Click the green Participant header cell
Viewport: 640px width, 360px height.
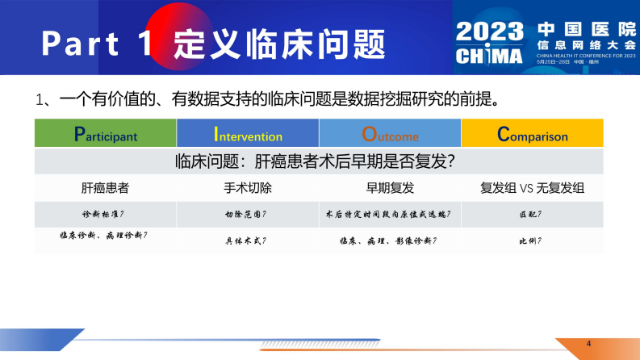(105, 134)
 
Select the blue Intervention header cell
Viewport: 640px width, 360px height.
(248, 134)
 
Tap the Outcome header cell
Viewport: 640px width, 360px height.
(390, 134)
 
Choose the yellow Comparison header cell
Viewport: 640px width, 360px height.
(532, 134)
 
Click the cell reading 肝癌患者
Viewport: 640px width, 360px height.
(105, 189)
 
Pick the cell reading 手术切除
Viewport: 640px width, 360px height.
(248, 189)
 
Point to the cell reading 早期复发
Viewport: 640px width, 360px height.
(390, 189)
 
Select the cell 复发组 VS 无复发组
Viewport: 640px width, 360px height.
(532, 189)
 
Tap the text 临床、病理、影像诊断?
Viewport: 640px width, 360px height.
(390, 241)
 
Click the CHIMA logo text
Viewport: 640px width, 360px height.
(489, 55)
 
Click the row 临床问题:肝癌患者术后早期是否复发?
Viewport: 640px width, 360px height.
(319, 161)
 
